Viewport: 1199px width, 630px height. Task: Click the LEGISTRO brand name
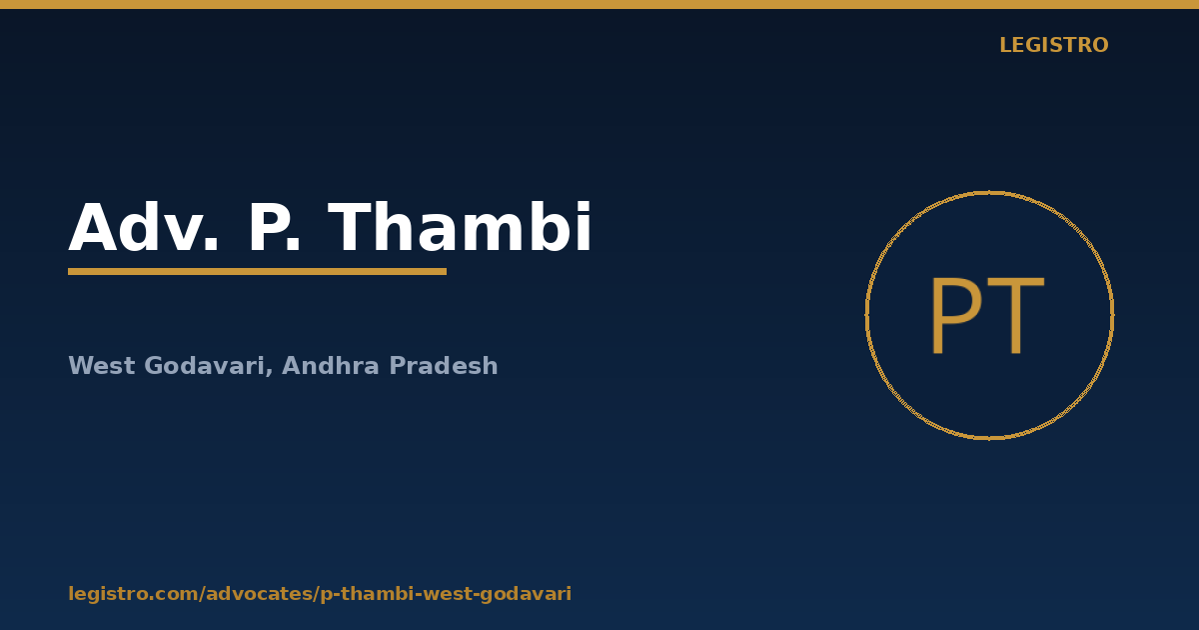[x=1054, y=45]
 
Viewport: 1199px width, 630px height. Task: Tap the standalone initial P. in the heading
[x=274, y=227]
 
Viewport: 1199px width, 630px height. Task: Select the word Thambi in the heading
[x=460, y=227]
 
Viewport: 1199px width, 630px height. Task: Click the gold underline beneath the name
[x=257, y=272]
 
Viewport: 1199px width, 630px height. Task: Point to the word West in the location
[x=102, y=366]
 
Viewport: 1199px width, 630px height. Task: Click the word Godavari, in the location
[x=208, y=366]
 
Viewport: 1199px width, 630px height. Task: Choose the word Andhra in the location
[x=331, y=366]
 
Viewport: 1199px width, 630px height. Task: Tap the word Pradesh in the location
[x=444, y=366]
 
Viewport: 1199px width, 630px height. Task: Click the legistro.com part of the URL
[x=133, y=594]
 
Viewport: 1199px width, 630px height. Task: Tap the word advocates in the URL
[x=260, y=594]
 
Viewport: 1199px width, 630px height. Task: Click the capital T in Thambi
[x=350, y=227]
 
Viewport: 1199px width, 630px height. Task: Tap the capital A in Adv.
[x=93, y=227]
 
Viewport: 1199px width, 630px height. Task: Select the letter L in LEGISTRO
[x=1006, y=45]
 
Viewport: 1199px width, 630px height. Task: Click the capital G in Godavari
[x=153, y=366]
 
